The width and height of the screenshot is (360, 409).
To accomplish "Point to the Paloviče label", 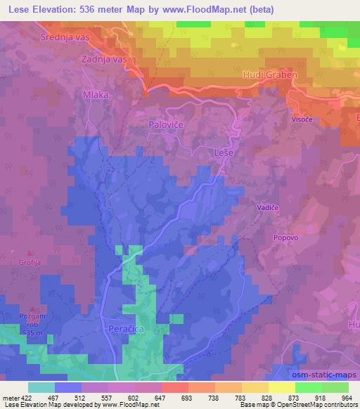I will [x=166, y=124].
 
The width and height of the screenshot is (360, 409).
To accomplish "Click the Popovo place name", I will [x=287, y=238].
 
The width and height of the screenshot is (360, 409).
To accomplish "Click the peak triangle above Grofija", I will [x=29, y=253].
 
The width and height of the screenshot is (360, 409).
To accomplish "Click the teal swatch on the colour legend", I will [x=41, y=387].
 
